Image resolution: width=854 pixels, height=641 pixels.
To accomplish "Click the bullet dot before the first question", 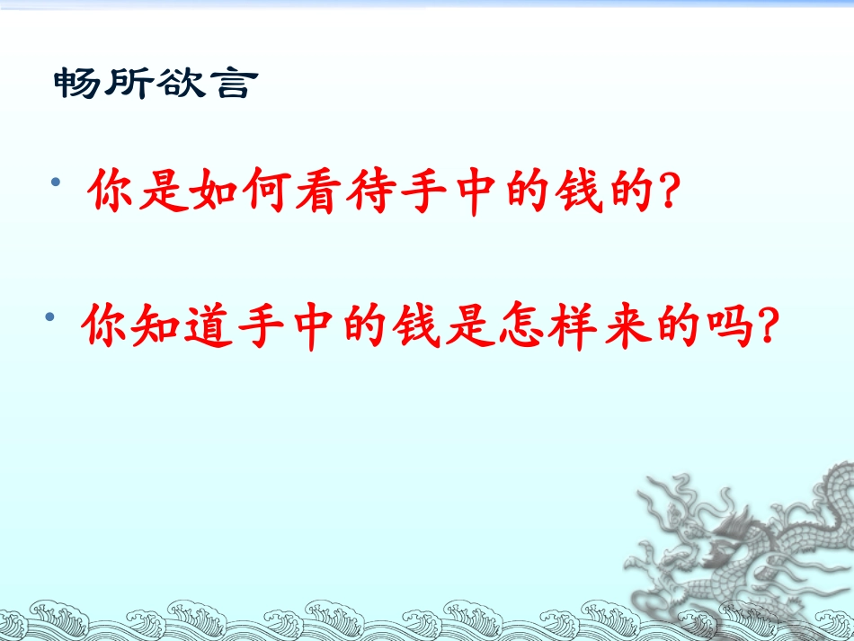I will [58, 183].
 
